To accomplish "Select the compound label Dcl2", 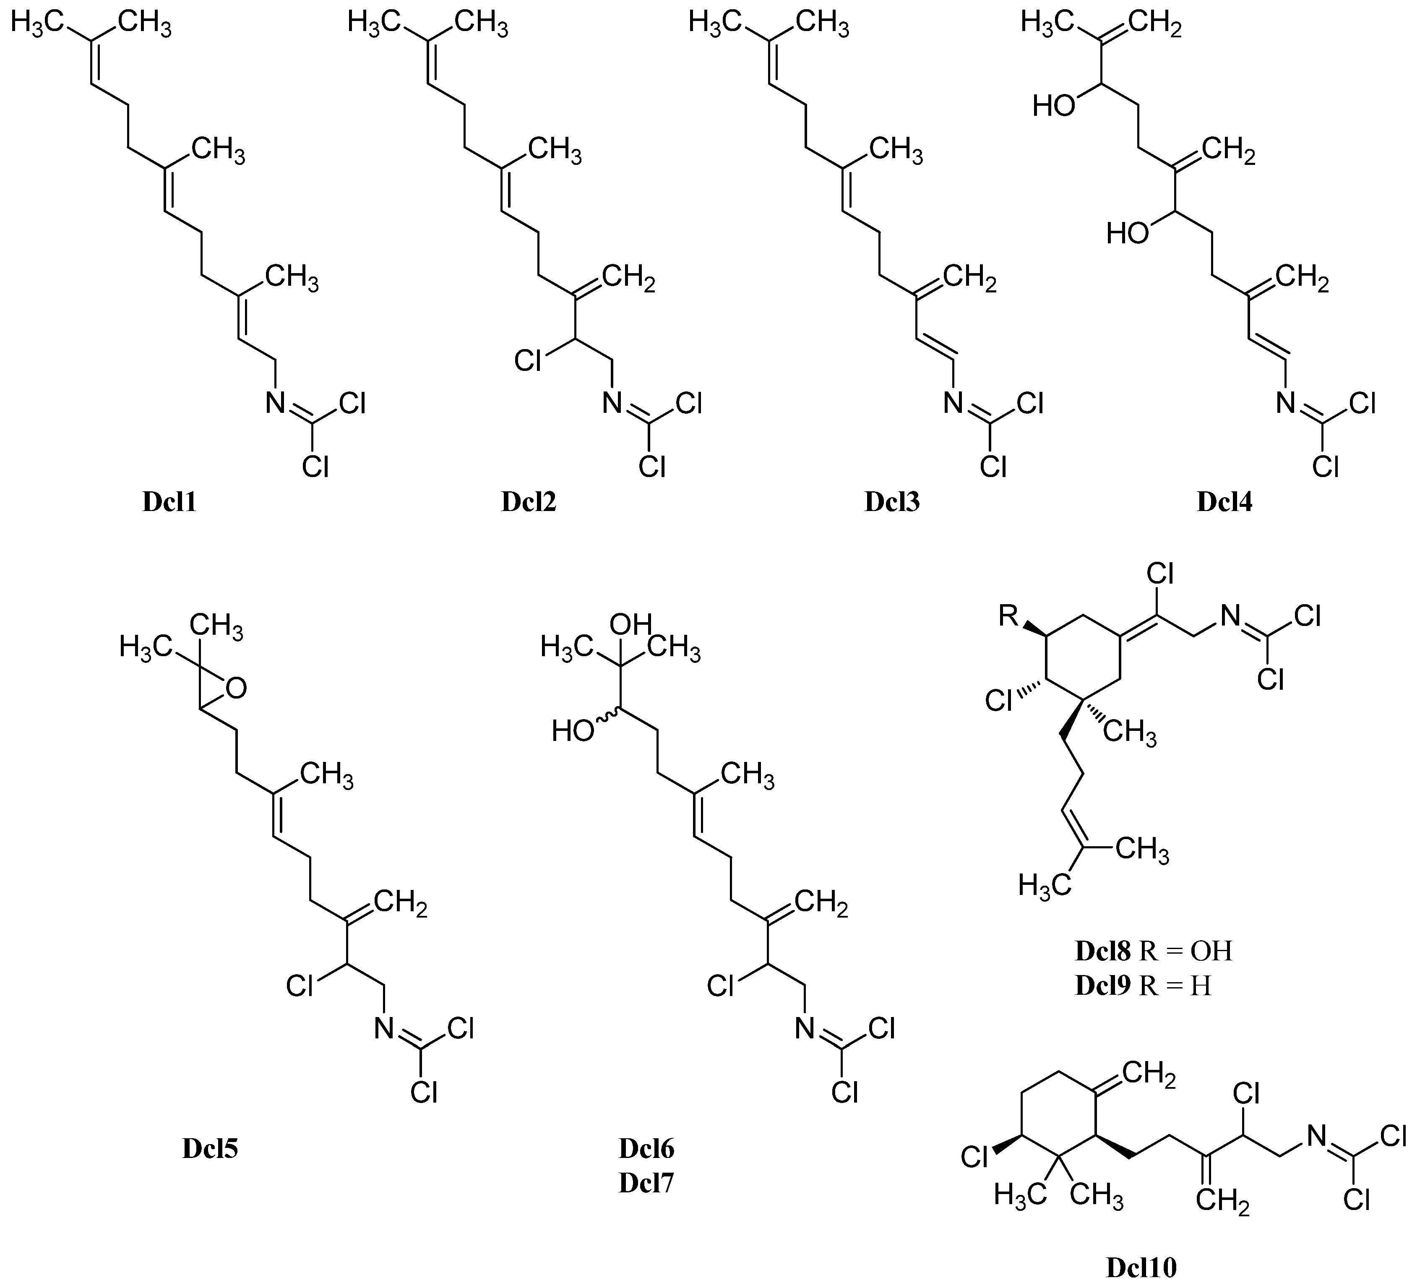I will click(529, 503).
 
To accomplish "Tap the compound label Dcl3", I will click(891, 503).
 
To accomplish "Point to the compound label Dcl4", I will click(1224, 503).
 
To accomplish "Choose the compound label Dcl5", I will click(210, 1149).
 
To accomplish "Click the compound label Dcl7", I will click(646, 1183).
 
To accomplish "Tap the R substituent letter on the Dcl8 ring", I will click(1008, 616).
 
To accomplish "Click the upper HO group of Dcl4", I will click(1055, 107).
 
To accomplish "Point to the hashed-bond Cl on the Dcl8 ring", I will click(1000, 700).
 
